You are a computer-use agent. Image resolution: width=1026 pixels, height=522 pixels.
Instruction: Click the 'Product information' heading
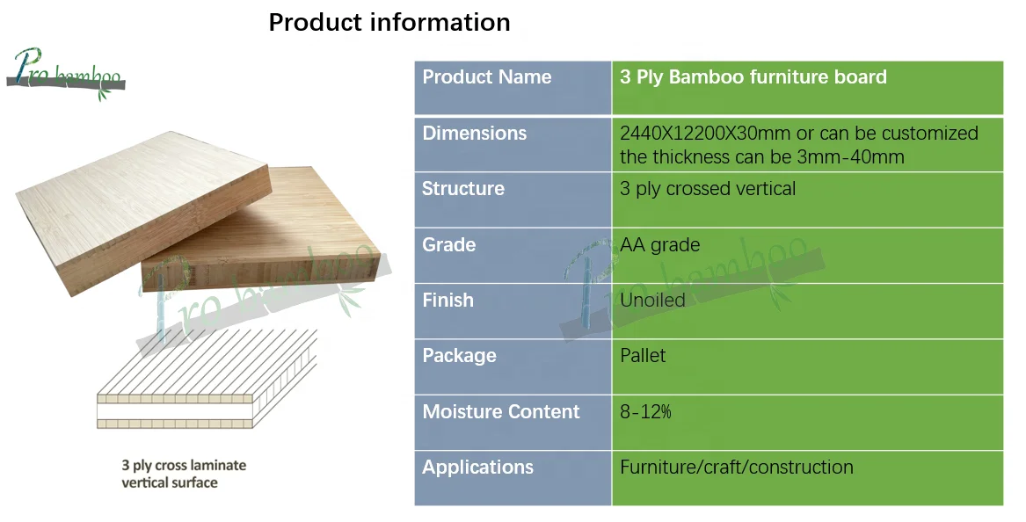389,22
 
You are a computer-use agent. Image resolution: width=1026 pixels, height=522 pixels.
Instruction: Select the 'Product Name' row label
486,77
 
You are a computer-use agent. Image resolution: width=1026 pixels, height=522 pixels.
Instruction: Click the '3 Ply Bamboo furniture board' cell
753,77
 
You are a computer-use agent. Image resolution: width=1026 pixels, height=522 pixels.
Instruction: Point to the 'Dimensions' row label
474,134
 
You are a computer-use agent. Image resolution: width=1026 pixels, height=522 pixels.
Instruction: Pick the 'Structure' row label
462,189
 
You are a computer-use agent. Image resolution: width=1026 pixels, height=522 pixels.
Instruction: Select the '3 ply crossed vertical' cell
707,189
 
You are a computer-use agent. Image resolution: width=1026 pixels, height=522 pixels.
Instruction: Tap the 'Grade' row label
448,244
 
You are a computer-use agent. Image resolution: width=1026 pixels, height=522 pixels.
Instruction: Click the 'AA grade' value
659,244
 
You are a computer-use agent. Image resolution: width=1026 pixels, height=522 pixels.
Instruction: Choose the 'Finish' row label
448,301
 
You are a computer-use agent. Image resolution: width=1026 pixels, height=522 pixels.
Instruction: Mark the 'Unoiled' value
652,301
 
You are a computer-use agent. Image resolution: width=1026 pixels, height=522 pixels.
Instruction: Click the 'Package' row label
459,356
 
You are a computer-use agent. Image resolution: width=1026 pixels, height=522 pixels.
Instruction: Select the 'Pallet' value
643,356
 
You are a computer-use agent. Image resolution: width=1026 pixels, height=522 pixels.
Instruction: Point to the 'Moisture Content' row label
501,412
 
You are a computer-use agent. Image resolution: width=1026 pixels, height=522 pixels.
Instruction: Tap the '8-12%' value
645,412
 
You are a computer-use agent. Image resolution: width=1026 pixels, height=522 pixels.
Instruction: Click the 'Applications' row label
477,468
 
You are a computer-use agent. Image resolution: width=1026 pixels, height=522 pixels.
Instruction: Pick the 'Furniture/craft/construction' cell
736,468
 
